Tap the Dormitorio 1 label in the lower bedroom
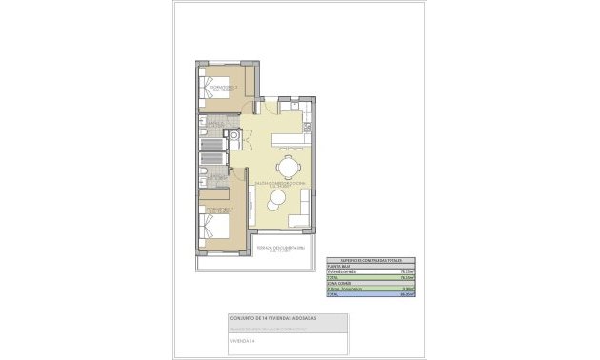[219, 209]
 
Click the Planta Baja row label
[336, 265]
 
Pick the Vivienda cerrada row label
[342, 270]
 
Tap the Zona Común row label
[337, 283]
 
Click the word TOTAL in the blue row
[333, 295]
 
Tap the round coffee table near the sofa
[277, 199]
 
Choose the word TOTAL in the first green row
[333, 277]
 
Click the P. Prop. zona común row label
[344, 289]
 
